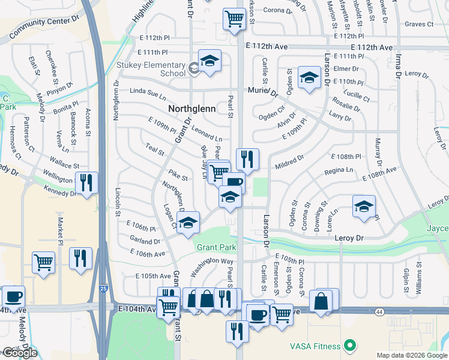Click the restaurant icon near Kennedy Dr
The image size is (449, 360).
click(86, 182)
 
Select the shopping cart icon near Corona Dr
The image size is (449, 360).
click(233, 17)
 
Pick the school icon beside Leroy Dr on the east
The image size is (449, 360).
click(363, 206)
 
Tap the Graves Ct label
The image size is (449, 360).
click(418, 25)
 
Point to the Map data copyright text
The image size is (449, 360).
click(411, 355)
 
